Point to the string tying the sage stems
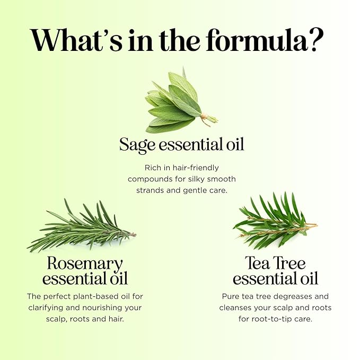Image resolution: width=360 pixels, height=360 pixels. pos(205,118)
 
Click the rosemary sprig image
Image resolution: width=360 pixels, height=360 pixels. pos(82,226)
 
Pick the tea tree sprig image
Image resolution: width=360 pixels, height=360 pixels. pos(275,221)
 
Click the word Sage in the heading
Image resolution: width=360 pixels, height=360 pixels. pos(137,145)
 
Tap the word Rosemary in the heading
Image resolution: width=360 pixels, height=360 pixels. pos(85,264)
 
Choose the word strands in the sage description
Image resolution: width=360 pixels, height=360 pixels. pos(150,190)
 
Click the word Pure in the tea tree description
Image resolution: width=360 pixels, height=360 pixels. pos(231,296)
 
